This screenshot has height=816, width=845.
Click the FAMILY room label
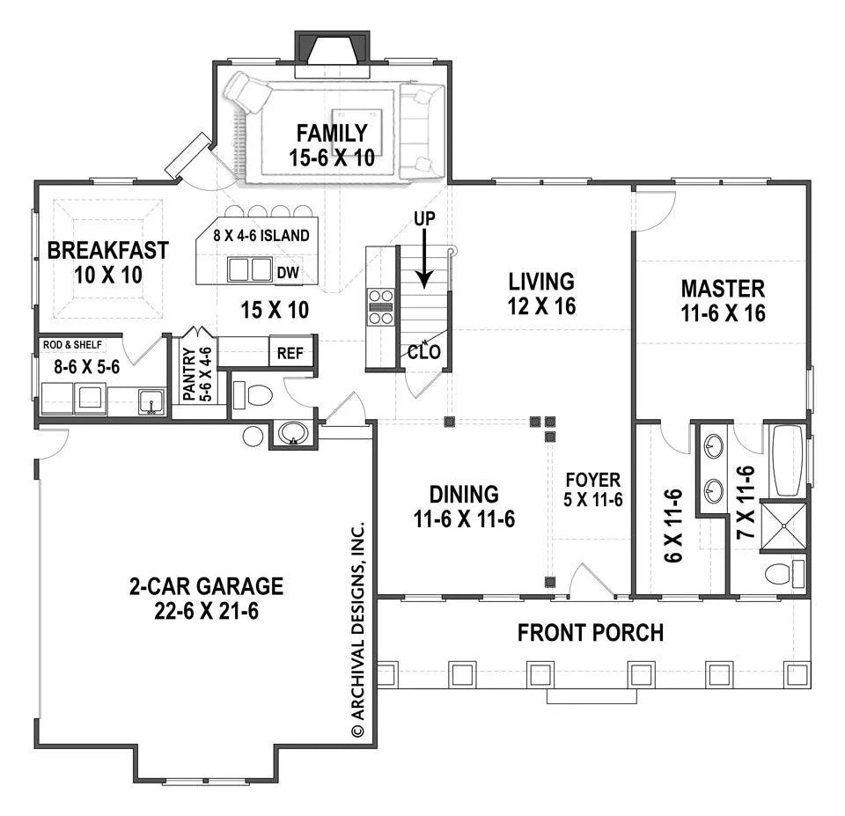point(332,133)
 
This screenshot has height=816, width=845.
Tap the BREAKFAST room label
point(107,251)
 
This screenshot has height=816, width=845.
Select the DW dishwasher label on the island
point(288,273)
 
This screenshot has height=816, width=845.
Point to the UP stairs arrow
point(424,258)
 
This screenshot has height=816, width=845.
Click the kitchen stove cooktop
point(380,307)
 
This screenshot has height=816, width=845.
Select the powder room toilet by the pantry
point(253,395)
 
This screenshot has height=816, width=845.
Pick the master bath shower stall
point(783,527)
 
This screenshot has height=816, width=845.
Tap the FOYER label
point(592,480)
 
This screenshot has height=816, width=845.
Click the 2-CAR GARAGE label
point(206,586)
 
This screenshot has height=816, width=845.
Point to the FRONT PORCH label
point(591,633)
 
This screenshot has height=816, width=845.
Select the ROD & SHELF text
point(73,344)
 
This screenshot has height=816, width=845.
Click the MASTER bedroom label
point(723,289)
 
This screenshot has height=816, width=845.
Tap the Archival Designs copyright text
point(358,629)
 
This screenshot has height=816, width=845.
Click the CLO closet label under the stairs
point(424,352)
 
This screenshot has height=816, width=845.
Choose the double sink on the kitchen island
point(249,269)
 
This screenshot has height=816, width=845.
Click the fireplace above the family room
point(332,48)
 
